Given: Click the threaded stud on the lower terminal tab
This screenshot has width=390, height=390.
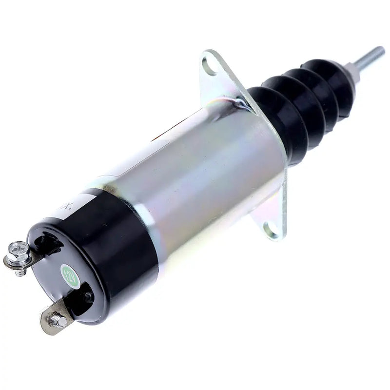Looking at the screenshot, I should coord(58,320).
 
